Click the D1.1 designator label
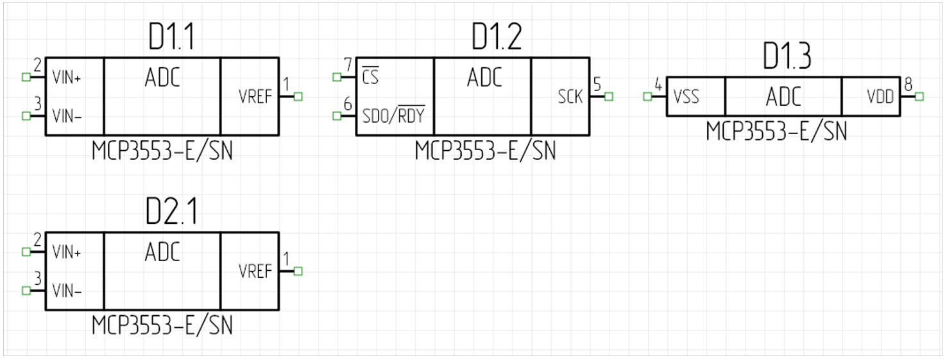click(171, 39)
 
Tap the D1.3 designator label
click(787, 58)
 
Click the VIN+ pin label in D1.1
click(67, 78)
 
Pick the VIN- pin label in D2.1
click(67, 291)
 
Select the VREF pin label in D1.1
click(255, 98)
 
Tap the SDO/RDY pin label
click(394, 117)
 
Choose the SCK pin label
click(570, 98)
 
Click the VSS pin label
click(686, 98)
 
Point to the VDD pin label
click(880, 98)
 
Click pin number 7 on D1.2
click(348, 65)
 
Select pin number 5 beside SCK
click(597, 84)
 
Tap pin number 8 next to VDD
click(908, 84)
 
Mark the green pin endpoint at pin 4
click(647, 97)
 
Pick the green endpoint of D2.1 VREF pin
click(298, 271)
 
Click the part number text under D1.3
click(776, 132)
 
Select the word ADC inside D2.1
click(162, 252)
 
